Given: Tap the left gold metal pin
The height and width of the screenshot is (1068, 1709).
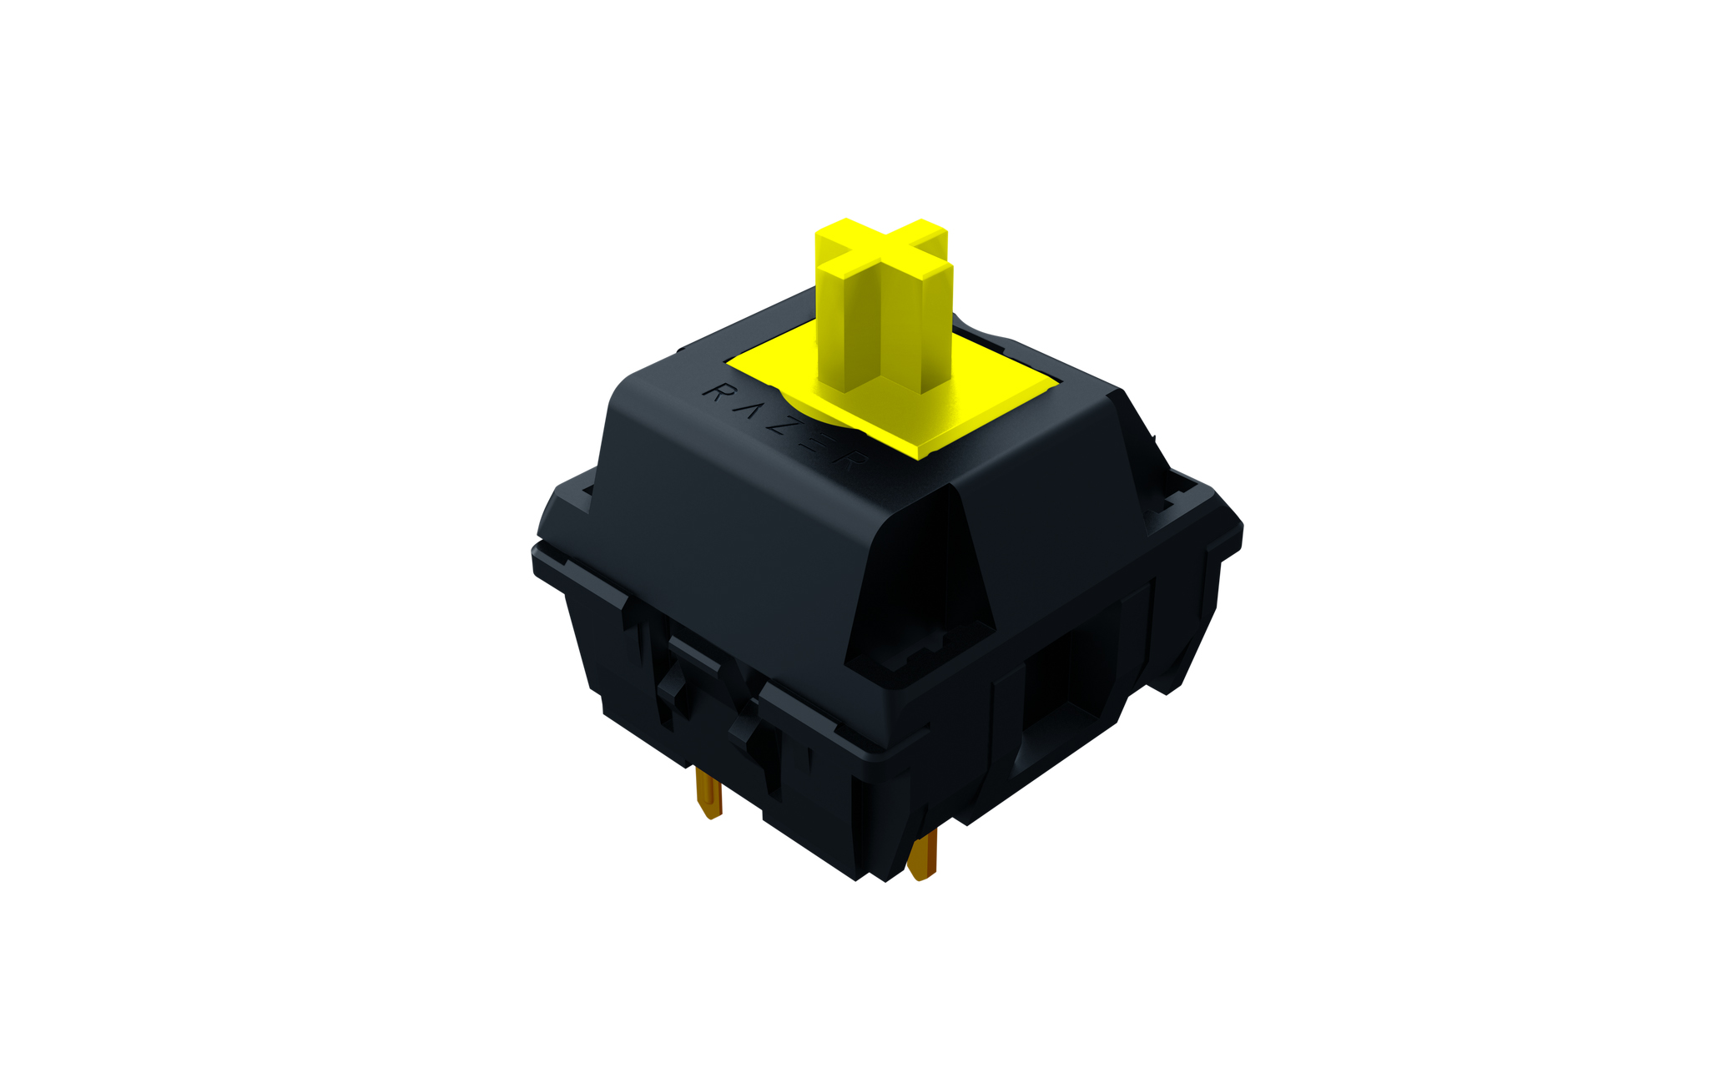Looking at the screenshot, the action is (x=708, y=793).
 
